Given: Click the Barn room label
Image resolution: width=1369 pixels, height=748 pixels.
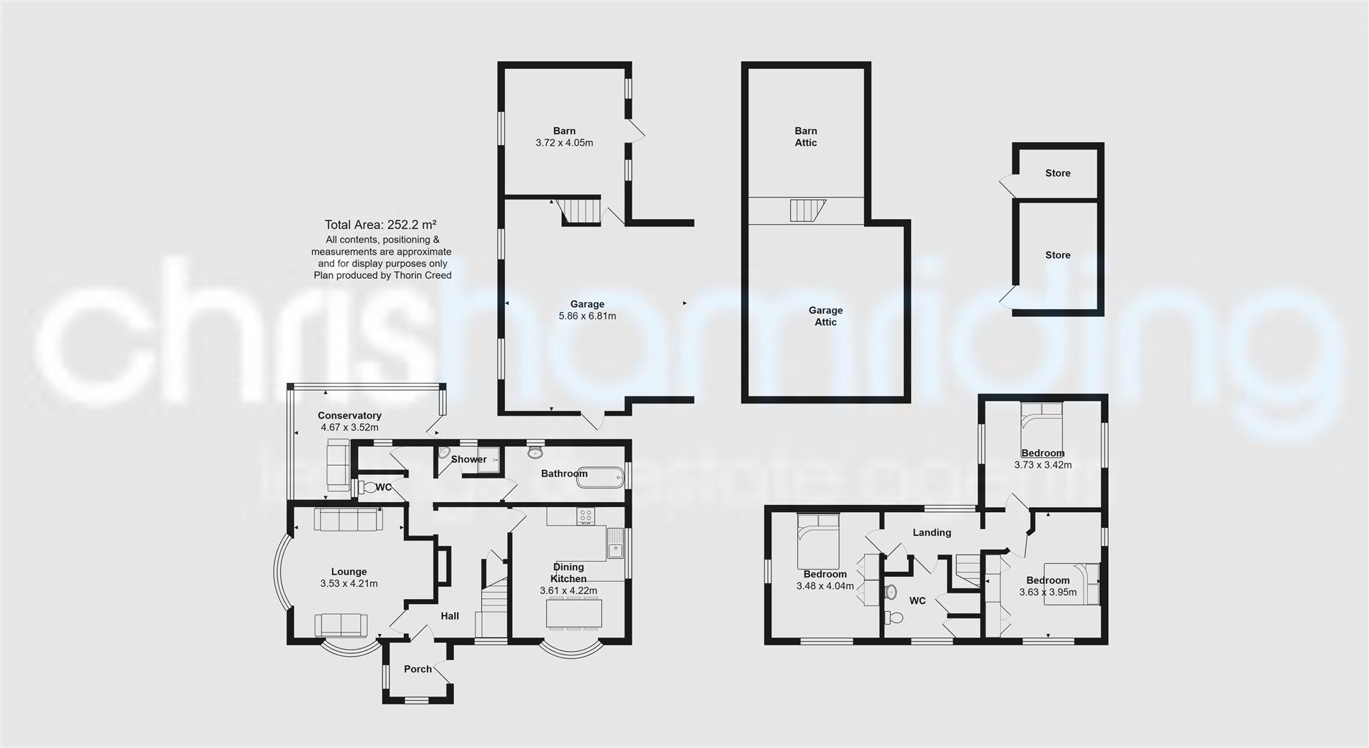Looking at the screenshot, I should tap(564, 130).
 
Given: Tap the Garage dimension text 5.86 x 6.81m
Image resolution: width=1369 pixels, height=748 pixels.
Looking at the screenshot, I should tap(587, 316).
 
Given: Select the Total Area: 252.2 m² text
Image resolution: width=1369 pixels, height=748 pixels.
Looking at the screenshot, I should tap(380, 224).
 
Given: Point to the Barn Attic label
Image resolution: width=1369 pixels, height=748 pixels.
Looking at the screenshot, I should tap(806, 136).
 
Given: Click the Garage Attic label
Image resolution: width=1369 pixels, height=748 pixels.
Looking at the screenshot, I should tap(826, 316).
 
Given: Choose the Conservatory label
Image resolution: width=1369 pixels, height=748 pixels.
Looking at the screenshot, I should tap(349, 416).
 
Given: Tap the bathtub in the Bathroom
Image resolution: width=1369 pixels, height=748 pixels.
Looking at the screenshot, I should tap(598, 477).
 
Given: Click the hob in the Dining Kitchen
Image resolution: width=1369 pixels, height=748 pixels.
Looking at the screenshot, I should tap(587, 515).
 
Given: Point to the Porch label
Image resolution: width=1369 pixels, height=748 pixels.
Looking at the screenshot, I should tap(418, 669).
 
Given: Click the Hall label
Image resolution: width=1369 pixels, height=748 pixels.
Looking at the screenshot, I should tap(450, 616).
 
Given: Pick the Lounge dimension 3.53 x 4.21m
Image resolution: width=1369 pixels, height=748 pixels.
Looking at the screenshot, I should tap(349, 583).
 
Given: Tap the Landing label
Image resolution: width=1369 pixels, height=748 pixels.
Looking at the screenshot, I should tap(932, 533).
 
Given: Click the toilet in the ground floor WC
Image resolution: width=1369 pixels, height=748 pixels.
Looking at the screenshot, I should tap(368, 488).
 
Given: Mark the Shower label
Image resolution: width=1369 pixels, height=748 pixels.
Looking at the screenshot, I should tap(468, 459).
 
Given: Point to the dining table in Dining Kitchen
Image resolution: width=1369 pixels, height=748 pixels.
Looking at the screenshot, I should tap(574, 613).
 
